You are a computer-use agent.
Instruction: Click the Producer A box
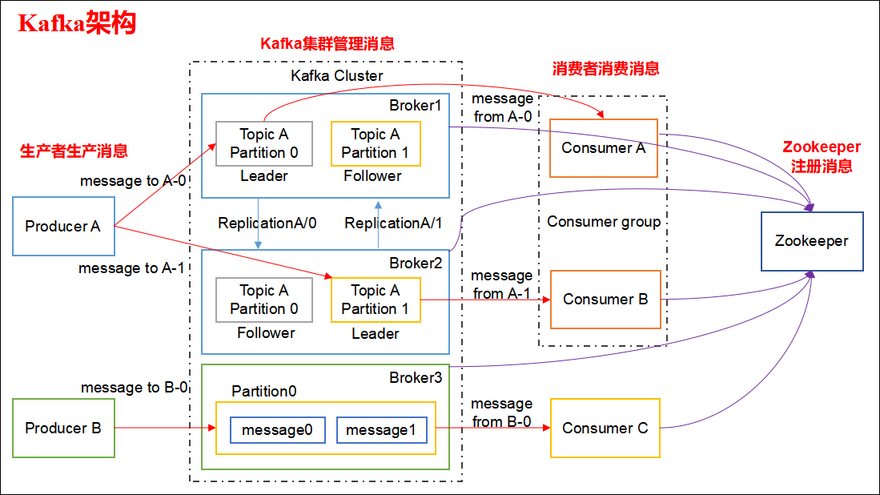[x=63, y=227]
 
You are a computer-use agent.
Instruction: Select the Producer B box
[x=63, y=429]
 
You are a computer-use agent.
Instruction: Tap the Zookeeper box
[x=811, y=241]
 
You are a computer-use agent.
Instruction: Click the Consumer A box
[x=603, y=148]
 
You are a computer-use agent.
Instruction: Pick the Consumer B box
[x=605, y=300]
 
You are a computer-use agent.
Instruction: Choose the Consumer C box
[x=605, y=429]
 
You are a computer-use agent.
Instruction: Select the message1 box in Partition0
[x=381, y=430]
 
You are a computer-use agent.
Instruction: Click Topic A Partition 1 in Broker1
[x=375, y=143]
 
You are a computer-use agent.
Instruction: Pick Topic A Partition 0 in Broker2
[x=263, y=300]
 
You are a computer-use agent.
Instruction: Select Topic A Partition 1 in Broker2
[x=375, y=300]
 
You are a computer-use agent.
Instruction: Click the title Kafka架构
[x=77, y=23]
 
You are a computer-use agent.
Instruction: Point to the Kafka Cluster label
[x=336, y=76]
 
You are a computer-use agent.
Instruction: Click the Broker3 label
[x=415, y=377]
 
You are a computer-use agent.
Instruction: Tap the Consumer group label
[x=604, y=222]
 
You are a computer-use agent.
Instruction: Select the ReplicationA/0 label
[x=267, y=223]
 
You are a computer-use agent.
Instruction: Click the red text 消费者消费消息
[x=605, y=69]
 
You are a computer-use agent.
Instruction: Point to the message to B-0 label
[x=135, y=388]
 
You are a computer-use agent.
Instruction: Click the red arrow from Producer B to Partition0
[x=164, y=429]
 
